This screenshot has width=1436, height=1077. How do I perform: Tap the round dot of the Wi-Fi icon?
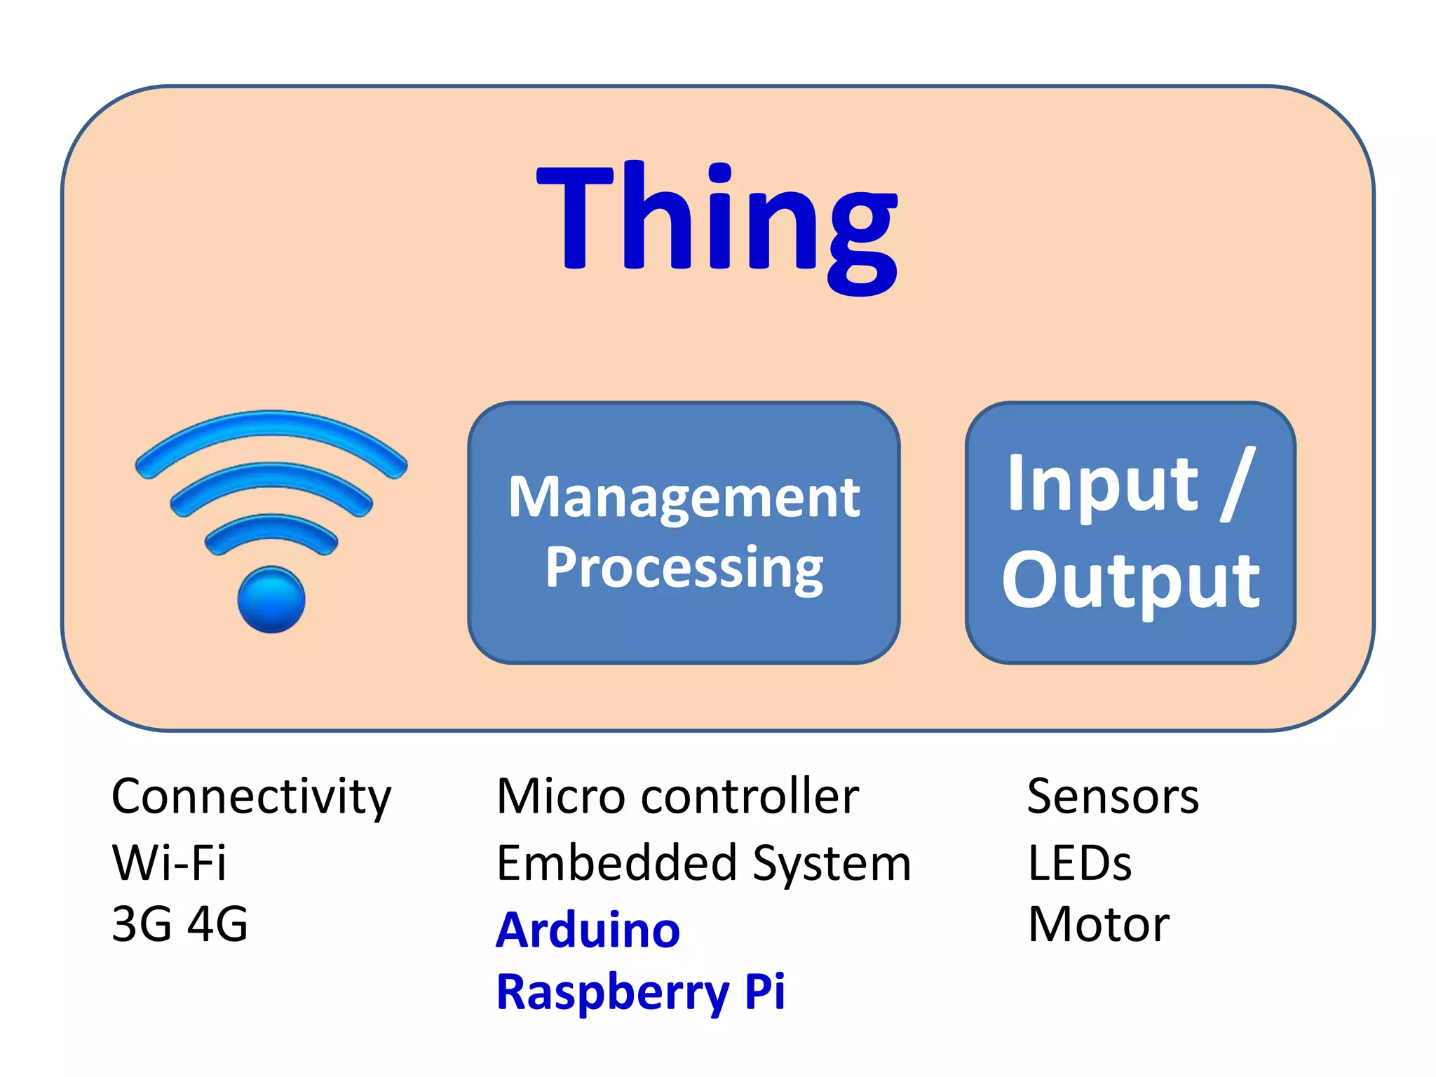tap(271, 600)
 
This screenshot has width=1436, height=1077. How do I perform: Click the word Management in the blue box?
tap(684, 498)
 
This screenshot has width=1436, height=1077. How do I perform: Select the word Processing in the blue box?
tap(684, 568)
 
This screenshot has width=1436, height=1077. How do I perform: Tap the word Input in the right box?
tap(1102, 485)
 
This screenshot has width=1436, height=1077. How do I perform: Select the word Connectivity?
tap(251, 797)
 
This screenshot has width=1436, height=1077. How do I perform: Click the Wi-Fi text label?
tap(169, 862)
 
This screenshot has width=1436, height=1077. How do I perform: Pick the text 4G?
tap(218, 924)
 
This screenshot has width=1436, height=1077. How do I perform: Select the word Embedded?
tap(616, 863)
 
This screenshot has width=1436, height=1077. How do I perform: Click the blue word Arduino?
tap(588, 930)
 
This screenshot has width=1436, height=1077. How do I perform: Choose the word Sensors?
tap(1113, 797)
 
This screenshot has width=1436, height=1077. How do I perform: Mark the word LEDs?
tap(1079, 863)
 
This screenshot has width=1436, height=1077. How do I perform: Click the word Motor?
tap(1098, 925)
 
